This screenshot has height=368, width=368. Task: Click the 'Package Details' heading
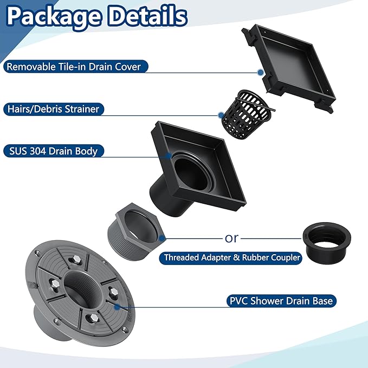97,16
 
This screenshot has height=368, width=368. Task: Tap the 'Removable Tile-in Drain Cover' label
74,67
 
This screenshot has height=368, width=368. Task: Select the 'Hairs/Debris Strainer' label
53,109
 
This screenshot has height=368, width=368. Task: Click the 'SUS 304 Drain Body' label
53,151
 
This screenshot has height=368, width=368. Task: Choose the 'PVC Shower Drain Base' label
281,301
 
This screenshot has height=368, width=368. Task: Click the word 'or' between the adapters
231,238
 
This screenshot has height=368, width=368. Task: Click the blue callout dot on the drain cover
260,73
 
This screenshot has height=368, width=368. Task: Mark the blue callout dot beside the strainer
221,115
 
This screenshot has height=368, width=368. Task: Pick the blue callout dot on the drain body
168,156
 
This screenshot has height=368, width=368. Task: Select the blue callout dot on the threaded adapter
162,238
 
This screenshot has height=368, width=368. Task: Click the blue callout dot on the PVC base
117,307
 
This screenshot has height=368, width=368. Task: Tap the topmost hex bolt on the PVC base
76,260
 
